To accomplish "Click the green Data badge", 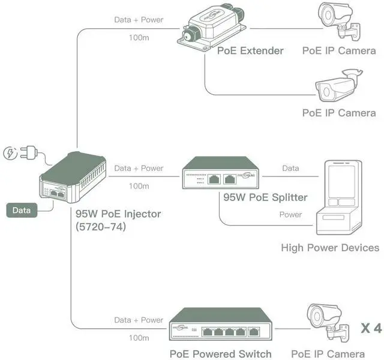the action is [x=22, y=210].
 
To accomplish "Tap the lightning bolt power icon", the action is [x=10, y=153].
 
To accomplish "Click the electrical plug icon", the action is [x=28, y=152].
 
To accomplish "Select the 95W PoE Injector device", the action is [x=73, y=178].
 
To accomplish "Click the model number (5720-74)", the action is [x=101, y=227].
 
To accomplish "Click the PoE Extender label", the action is [x=250, y=50].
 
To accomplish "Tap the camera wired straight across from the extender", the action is [x=340, y=21].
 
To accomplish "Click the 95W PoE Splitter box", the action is [x=220, y=173].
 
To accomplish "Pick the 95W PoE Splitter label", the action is [x=265, y=197].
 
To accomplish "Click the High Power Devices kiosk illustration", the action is [x=339, y=197].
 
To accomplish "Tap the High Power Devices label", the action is [x=330, y=248].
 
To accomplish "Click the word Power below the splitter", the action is [x=290, y=215].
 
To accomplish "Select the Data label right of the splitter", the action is [x=290, y=168].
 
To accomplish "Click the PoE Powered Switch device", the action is [x=220, y=324].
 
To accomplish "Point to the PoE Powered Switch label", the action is [x=221, y=354].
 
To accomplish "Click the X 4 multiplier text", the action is [x=371, y=328].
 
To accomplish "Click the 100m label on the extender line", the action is [x=139, y=38].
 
